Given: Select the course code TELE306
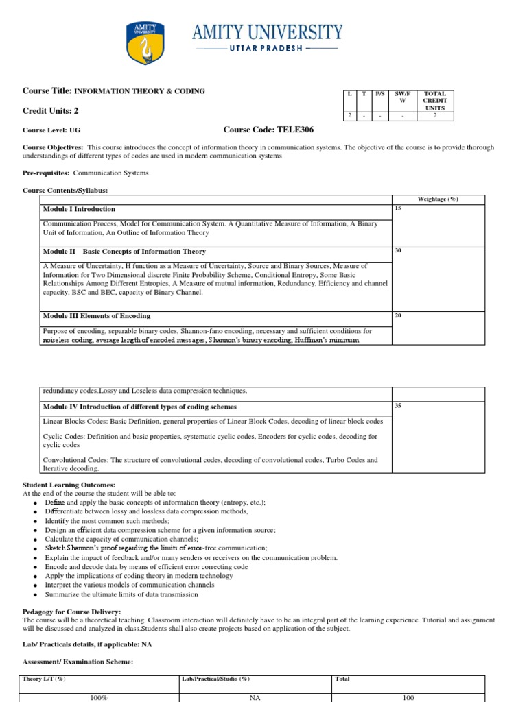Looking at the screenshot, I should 269,129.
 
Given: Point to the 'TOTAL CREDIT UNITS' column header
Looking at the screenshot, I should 435,101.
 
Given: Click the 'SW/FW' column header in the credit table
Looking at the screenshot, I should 403,97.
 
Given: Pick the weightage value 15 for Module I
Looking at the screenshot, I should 398,207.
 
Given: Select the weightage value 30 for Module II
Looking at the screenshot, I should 398,250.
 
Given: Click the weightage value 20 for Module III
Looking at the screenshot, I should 398,315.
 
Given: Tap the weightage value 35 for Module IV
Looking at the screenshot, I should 398,405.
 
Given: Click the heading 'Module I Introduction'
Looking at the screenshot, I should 79,209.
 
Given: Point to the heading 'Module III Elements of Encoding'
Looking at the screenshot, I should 97,316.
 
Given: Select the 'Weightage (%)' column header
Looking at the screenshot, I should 438,199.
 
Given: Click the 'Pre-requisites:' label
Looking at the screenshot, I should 46,173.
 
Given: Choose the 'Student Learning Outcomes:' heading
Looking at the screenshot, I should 69,485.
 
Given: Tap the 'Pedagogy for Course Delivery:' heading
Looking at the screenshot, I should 72,611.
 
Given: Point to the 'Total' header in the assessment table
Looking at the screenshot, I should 342,679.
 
